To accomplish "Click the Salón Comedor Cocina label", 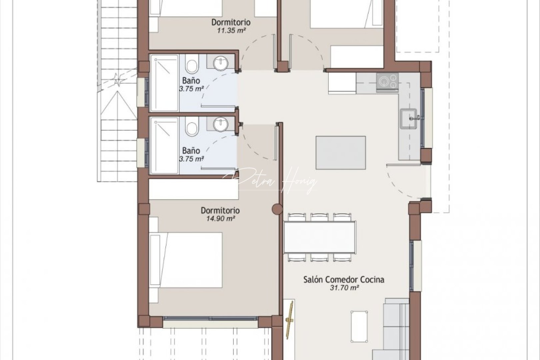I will [x=344, y=279].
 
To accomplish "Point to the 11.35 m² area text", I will [x=231, y=31].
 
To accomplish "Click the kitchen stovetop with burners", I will [x=387, y=81].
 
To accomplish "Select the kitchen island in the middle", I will [x=341, y=152].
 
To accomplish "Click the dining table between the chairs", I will [x=320, y=237].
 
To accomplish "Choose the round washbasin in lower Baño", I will [x=220, y=124].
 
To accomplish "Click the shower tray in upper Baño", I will [x=165, y=83].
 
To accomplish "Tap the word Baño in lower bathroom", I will [x=191, y=151].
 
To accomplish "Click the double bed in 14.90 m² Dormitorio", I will [x=186, y=260].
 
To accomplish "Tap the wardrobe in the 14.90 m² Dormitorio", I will [x=194, y=189].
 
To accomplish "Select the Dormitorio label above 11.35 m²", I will [x=231, y=22].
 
